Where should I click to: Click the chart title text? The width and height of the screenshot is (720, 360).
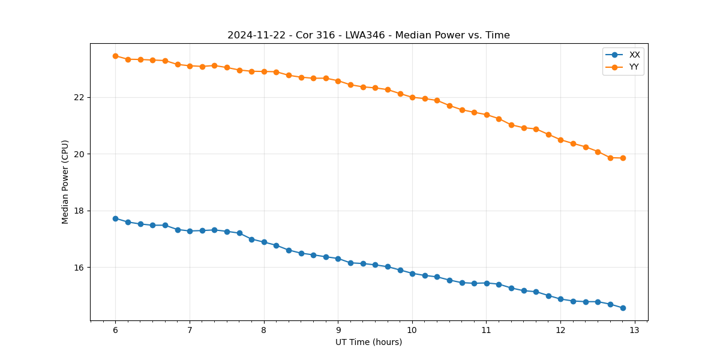click(368, 35)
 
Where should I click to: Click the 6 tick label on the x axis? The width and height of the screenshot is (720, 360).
click(115, 331)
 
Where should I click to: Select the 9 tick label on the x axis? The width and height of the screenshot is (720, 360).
click(338, 331)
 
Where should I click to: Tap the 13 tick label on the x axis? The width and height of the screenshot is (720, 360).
click(635, 331)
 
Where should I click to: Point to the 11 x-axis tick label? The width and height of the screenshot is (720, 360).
click(487, 331)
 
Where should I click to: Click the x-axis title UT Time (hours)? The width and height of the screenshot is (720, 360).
click(368, 343)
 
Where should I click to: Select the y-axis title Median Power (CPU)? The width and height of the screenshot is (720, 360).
click(65, 182)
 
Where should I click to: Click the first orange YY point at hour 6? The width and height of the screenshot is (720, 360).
click(115, 56)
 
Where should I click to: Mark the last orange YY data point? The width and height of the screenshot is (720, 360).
click(623, 158)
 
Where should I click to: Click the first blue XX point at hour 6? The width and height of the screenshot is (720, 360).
click(115, 218)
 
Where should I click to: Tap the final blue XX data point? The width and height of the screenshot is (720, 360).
click(623, 308)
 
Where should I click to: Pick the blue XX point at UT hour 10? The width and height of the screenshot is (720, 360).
click(412, 274)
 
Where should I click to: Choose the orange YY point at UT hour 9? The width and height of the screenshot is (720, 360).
click(338, 81)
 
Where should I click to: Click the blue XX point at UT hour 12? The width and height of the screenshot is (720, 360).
click(560, 299)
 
